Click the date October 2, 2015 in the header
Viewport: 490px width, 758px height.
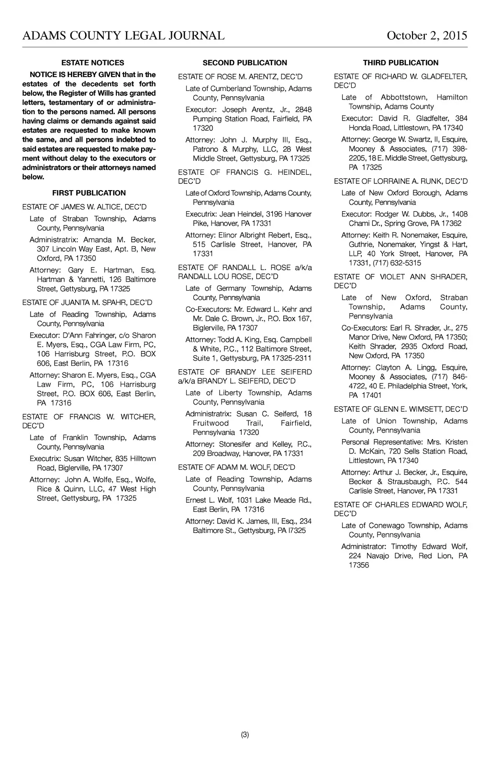[426, 36]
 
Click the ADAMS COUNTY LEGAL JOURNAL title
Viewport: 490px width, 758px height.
[123, 36]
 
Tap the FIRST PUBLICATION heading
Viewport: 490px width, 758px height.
[89, 193]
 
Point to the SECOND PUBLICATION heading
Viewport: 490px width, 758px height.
[245, 63]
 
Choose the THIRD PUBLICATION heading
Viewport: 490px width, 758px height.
[401, 63]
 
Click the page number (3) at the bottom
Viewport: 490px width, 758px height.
[245, 735]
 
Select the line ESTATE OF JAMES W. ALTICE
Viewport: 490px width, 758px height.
[84, 207]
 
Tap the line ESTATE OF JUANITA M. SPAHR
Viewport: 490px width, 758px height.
[87, 303]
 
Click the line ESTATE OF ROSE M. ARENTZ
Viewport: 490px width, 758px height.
[240, 77]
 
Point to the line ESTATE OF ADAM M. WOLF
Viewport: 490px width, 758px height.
[236, 467]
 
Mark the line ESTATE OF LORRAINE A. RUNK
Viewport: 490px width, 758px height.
[401, 181]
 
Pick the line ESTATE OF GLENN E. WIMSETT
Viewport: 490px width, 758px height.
[401, 409]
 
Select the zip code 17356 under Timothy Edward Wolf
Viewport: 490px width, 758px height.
[359, 565]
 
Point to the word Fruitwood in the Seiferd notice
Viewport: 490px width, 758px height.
[211, 423]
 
